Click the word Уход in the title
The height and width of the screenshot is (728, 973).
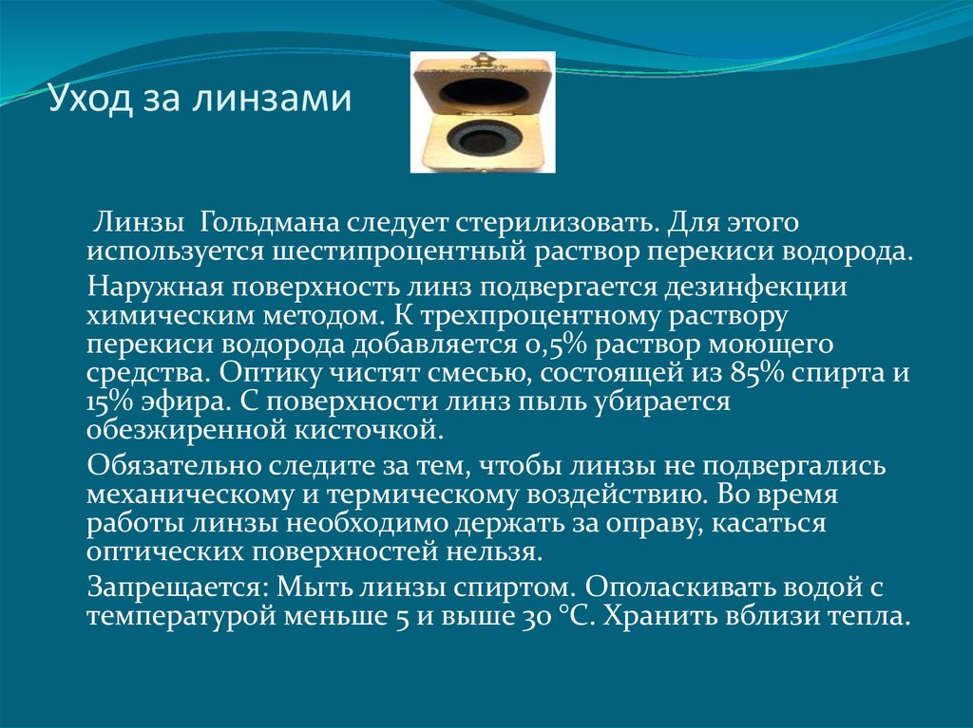90,99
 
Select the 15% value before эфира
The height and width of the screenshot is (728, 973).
110,401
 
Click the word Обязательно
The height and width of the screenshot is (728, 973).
175,465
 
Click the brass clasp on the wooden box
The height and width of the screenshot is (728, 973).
481,60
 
